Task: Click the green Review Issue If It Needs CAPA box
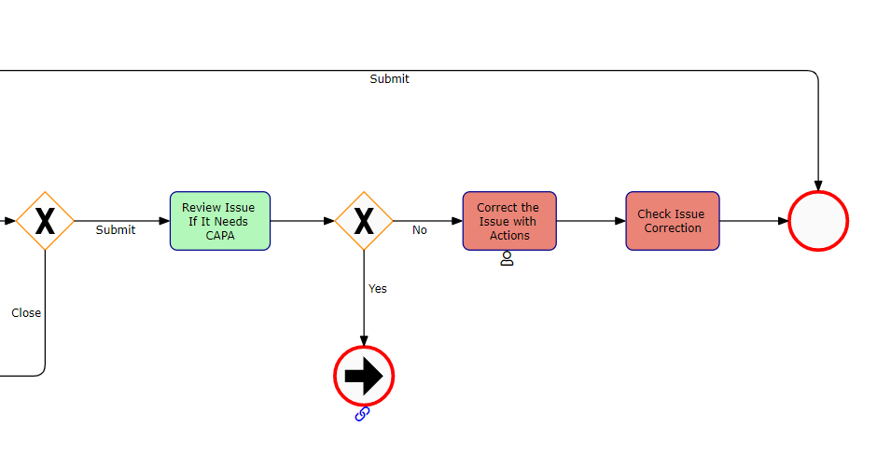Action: coord(219,221)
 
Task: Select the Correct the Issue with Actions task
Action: coord(508,221)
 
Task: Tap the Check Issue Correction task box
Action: coord(672,221)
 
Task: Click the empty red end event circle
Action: coord(817,222)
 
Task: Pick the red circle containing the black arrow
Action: coord(364,377)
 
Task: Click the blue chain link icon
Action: coord(363,414)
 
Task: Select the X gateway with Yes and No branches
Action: coord(364,221)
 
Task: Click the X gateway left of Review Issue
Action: coord(45,221)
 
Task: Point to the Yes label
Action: coord(377,289)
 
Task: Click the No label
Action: coord(420,230)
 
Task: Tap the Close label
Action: coord(26,313)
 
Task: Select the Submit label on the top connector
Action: coord(389,79)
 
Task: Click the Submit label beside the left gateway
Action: coord(116,230)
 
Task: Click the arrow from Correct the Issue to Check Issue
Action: coord(591,221)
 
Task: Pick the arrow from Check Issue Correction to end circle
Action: coord(754,221)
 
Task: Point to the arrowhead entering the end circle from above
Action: coord(818,185)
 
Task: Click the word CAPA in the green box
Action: coord(220,236)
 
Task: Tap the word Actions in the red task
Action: coord(509,236)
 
